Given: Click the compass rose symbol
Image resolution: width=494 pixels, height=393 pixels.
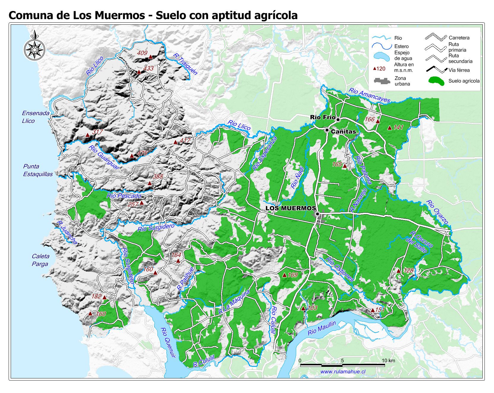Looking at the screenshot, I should click(35, 48).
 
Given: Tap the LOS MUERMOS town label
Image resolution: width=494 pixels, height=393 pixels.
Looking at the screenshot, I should click(291, 208).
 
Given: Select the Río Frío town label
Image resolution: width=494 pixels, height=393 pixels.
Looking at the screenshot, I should click(322, 117).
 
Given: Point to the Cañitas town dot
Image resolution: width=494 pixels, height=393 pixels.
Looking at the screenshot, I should click(327, 130).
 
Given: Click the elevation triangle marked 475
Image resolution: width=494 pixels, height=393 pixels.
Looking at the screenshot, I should click(132, 156).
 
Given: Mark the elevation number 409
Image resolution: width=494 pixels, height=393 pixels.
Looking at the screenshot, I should click(142, 53).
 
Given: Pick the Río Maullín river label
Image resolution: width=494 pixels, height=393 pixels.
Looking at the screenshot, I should click(322, 328).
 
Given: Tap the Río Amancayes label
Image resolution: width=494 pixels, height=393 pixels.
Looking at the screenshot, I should click(369, 95).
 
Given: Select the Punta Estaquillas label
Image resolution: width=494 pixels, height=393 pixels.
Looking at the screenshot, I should click(38, 170).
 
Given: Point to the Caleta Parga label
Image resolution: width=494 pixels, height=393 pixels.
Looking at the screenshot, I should click(40, 260).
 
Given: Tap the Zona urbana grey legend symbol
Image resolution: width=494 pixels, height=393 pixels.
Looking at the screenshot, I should click(382, 81).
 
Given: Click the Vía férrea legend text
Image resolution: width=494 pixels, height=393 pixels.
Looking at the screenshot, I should click(459, 70).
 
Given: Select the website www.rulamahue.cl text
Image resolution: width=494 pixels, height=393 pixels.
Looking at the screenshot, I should click(343, 372).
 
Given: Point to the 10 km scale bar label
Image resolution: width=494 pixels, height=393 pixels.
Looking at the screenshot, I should click(388, 361).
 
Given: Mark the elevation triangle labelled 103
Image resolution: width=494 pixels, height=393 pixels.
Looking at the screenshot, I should click(303, 309).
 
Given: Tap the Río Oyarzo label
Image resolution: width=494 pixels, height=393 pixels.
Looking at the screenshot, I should click(437, 212).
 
